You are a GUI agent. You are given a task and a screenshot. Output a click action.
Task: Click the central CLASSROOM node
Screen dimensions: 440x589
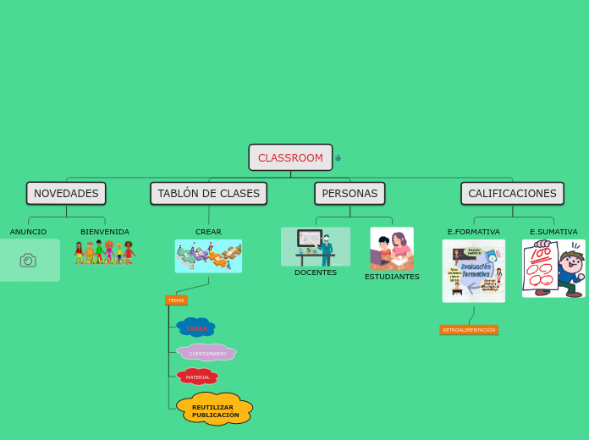[x=290, y=157]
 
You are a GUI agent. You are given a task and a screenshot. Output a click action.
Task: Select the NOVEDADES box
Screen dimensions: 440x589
[x=66, y=194]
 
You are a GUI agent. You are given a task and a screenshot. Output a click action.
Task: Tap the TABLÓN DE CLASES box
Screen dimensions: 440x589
[x=208, y=194]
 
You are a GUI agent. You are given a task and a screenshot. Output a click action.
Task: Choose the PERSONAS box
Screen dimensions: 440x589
[x=350, y=194]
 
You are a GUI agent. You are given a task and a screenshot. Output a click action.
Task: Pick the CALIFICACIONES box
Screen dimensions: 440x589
[x=512, y=194]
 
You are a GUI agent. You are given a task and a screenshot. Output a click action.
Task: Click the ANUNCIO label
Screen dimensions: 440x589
[x=28, y=232]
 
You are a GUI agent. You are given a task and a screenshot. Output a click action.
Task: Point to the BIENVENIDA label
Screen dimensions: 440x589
[x=105, y=232]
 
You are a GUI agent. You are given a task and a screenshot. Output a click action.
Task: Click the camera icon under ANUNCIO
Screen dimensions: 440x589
[x=28, y=261]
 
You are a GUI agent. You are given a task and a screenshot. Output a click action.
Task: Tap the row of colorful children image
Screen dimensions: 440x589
[x=105, y=252]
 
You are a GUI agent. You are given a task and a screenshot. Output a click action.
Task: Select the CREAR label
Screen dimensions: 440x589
[x=208, y=232]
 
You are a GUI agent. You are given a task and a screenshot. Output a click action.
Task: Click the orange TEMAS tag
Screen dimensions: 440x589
[x=176, y=300]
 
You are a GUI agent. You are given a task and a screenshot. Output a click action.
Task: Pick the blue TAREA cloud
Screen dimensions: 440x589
[x=195, y=327]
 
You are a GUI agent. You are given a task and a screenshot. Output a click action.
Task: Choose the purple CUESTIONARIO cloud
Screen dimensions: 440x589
[x=206, y=353]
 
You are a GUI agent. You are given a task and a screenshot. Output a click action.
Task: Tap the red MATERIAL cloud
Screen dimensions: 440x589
[x=197, y=377]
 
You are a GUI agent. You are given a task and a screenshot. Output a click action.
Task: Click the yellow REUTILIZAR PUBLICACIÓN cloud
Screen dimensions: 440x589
[x=215, y=410]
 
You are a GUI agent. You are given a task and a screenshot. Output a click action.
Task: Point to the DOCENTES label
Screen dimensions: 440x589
[x=316, y=272]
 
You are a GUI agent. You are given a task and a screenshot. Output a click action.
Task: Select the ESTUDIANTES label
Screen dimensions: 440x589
[x=392, y=277]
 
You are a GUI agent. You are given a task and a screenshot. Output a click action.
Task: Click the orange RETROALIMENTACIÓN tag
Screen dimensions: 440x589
[x=469, y=330]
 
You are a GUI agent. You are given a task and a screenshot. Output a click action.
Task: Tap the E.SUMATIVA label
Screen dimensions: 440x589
[x=553, y=232]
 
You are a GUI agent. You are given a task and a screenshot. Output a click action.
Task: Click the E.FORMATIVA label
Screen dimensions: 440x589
[x=474, y=232]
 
